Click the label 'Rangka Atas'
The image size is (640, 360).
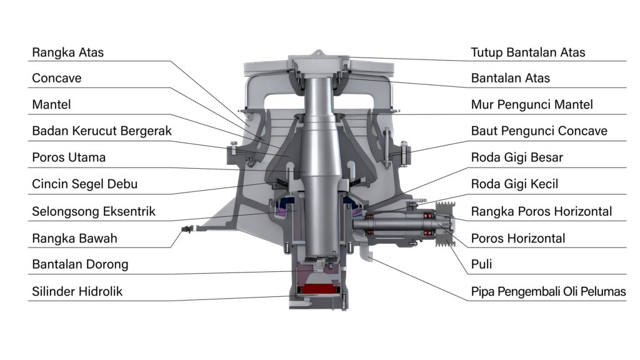(67, 52)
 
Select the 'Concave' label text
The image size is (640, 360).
(57, 79)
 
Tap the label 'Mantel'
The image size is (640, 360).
(51, 105)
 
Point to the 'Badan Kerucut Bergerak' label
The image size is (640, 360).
(101, 131)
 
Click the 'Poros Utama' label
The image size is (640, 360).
(69, 157)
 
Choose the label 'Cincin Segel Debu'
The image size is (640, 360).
(84, 184)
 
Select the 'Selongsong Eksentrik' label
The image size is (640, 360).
(94, 211)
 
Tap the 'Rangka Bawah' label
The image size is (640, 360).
(74, 238)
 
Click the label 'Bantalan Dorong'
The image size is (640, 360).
(80, 264)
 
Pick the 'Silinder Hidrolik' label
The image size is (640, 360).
(77, 291)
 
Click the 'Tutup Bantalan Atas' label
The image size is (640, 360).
(528, 52)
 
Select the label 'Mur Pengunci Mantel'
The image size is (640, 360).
(532, 105)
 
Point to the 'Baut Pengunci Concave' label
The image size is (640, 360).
(539, 131)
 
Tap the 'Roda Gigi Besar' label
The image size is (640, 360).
(517, 157)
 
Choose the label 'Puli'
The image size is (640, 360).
(481, 264)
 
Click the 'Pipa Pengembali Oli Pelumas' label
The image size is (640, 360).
(548, 291)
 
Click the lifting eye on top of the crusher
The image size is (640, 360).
(318, 54)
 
